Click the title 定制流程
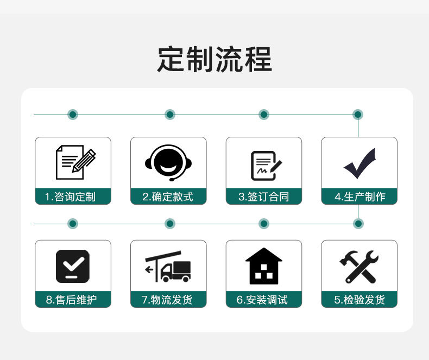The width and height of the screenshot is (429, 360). tap(214, 60)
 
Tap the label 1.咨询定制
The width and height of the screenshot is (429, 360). tap(73, 197)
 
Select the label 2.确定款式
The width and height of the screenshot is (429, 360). tap(168, 197)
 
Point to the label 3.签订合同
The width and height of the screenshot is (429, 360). tap(264, 197)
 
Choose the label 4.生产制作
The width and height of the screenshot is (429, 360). tap(359, 197)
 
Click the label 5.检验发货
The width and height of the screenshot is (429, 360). tap(359, 300)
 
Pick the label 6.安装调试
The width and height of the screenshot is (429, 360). tap(264, 300)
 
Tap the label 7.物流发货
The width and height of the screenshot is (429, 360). tap(168, 300)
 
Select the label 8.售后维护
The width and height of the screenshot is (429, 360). tap(73, 300)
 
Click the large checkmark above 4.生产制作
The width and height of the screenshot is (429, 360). tap(359, 163)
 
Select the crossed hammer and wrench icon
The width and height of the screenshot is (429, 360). tap(359, 267)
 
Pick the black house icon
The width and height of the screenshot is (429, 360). tap(264, 266)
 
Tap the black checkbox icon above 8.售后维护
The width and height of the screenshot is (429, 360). tap(73, 266)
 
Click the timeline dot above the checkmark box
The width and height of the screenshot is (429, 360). tap(358, 115)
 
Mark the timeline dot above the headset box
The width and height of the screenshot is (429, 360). tap(170, 115)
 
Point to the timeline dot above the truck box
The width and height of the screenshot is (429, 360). tap(170, 224)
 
